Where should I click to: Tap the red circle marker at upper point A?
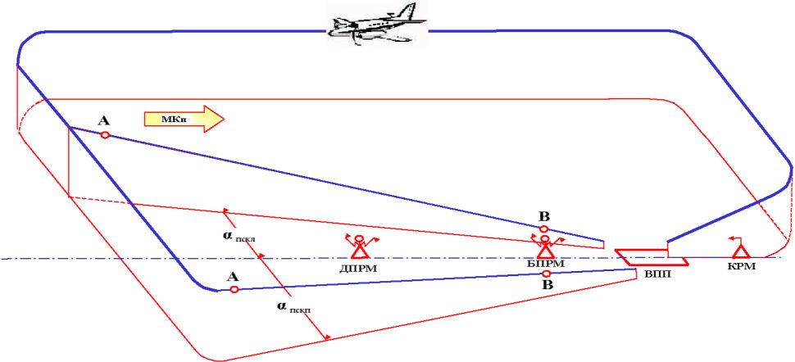point(105,135)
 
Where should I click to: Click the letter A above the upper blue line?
point(103,120)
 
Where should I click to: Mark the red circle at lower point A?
point(234,289)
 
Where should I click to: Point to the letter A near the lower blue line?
point(232,276)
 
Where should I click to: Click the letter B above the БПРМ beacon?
point(543,215)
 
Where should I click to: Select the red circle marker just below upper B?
point(544,229)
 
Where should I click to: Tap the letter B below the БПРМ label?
point(546,285)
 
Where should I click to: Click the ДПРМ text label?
point(359,266)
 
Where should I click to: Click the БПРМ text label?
point(545,264)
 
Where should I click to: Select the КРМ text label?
point(740,267)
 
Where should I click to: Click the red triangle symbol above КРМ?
point(740,251)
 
